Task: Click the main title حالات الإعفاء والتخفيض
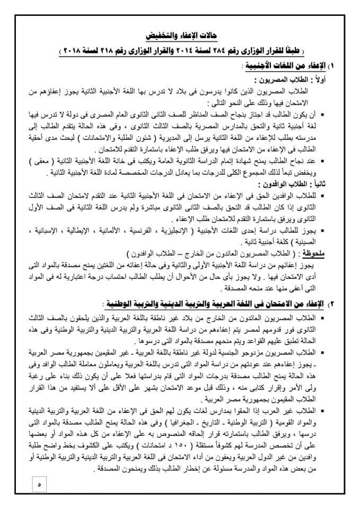(x=180, y=36)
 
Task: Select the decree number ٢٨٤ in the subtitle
(x=230, y=51)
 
